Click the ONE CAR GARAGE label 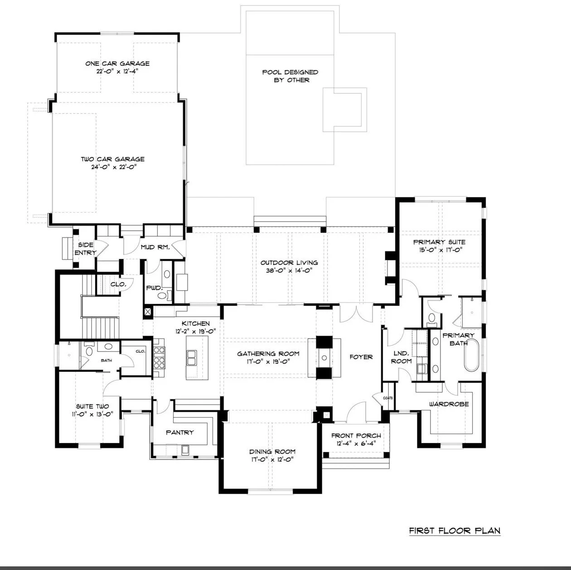click(117, 63)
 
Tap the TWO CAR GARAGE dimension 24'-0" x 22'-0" click(114, 167)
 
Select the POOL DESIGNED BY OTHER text click(290, 76)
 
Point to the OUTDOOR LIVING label click(289, 263)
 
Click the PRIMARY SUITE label click(439, 242)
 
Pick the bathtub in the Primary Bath click(471, 355)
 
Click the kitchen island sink click(191, 357)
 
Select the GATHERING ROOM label click(268, 354)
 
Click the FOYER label click(361, 357)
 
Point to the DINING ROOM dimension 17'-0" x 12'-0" click(272, 459)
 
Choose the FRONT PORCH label click(356, 436)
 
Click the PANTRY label click(180, 433)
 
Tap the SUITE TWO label click(92, 406)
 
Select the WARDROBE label click(449, 404)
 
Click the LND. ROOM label click(401, 357)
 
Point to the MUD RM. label click(155, 247)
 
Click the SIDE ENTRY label click(85, 249)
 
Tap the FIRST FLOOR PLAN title click(455, 531)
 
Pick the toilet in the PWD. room click(162, 295)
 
